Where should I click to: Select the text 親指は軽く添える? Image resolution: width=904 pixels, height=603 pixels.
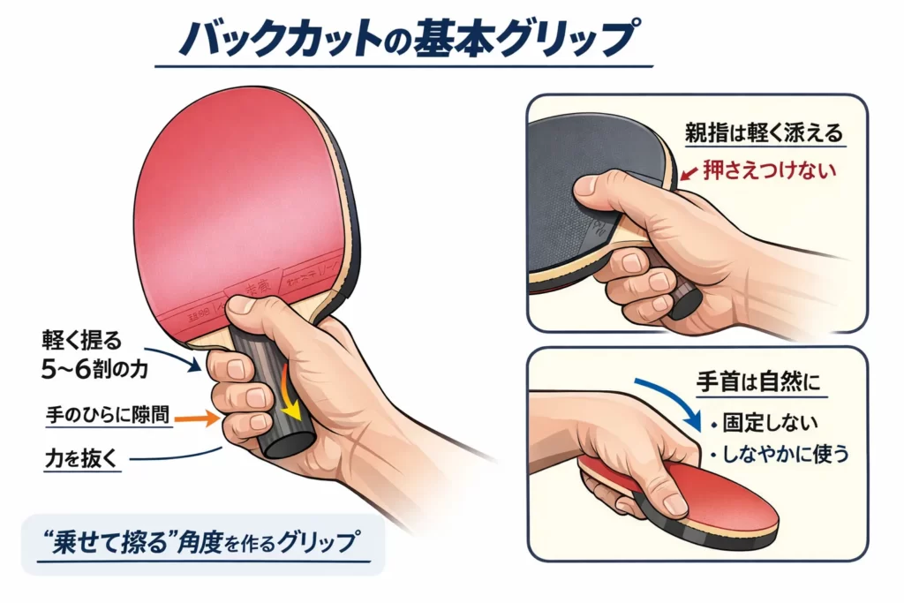765,133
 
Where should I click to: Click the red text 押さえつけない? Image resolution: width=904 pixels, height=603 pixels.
768,170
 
